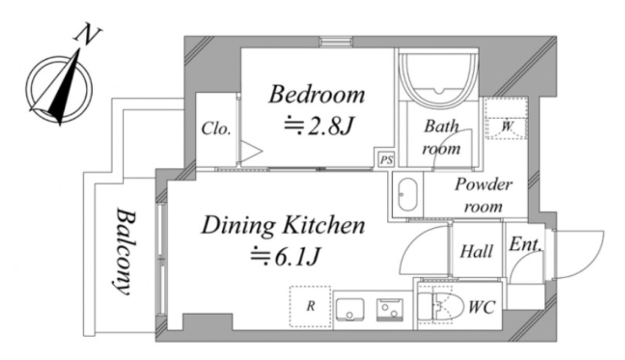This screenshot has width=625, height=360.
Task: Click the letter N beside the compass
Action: click(87, 35)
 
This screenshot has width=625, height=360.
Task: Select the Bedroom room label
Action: click(317, 94)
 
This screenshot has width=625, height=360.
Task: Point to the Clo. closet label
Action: click(216, 128)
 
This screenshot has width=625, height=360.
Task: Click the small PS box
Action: click(386, 159)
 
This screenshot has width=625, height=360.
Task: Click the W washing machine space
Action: click(506, 119)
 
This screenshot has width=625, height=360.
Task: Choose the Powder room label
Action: click(484, 195)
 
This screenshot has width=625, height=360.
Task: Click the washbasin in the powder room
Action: click(408, 194)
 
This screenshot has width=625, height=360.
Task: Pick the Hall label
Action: click(477, 251)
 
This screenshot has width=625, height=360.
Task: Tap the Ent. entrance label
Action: click(526, 244)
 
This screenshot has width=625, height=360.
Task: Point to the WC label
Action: click(482, 308)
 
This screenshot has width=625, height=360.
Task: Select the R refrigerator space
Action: click(310, 307)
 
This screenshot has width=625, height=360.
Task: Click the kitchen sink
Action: click(350, 309)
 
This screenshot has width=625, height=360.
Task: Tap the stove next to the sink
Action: click(390, 310)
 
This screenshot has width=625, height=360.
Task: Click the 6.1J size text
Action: click(285, 257)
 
